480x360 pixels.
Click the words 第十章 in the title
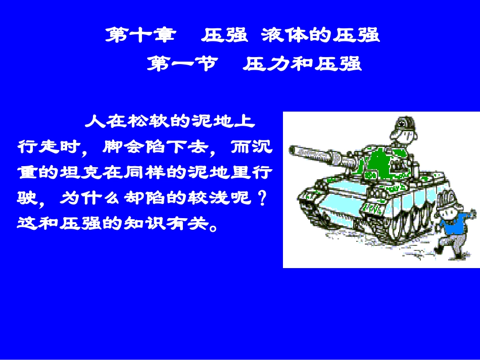click(141, 35)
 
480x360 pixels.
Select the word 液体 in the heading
click(283, 35)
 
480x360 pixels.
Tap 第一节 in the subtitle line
click(182, 64)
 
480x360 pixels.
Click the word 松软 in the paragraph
click(150, 122)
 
